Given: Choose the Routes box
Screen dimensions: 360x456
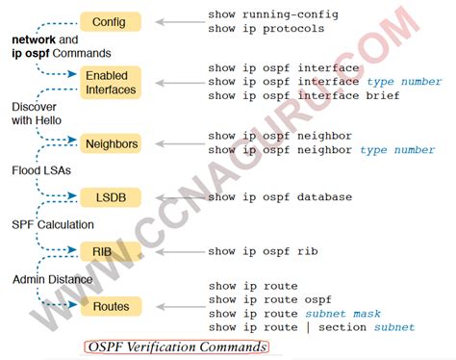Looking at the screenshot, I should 112,306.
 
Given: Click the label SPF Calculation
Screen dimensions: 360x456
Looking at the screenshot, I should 54,224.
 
